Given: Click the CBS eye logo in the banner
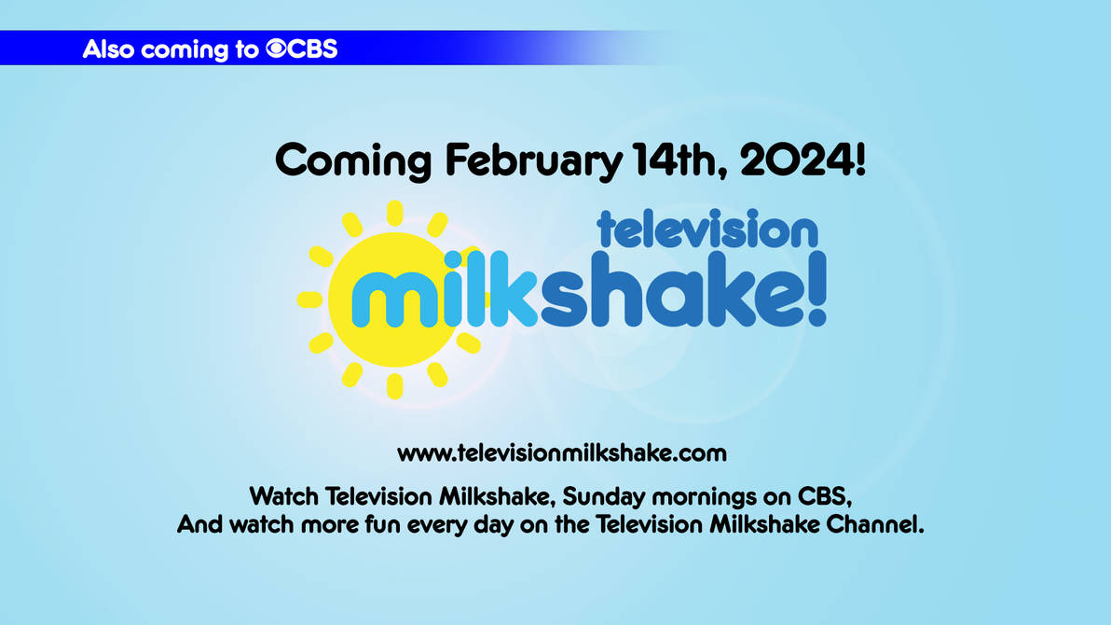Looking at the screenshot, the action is pos(276,49).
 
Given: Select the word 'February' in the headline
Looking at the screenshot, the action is pos(534,161).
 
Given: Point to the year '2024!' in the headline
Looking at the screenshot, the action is pos(802,160).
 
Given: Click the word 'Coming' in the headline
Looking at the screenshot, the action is pos(353,161).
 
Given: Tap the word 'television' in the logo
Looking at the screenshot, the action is pos(707,229).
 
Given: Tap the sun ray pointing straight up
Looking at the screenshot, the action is pos(394,213).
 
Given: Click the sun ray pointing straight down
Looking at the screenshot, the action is pos(394,386).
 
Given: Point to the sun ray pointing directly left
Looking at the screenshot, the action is pos(309,299).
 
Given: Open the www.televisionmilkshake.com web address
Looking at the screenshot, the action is pos(562,453).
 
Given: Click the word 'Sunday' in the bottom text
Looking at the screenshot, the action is pos(603,497).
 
